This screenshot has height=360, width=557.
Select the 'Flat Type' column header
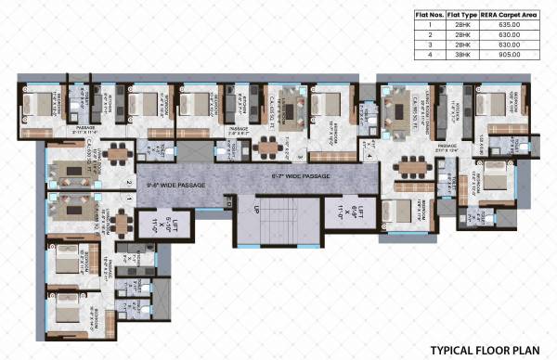pyautogui.click(x=460, y=15)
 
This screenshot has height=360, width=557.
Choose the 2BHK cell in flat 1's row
pyautogui.click(x=460, y=26)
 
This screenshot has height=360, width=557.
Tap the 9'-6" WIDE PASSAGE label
pyautogui.click(x=173, y=184)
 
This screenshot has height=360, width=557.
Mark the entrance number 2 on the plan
pyautogui.click(x=129, y=183)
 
